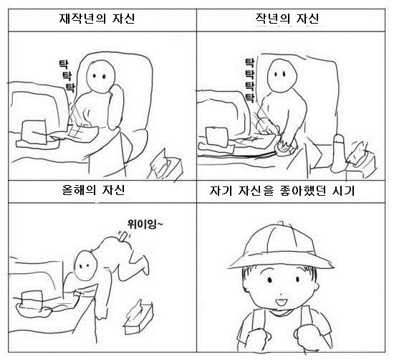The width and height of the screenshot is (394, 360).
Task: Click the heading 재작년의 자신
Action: pos(97,19)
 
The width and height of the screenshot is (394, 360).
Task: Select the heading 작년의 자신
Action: pos(287,19)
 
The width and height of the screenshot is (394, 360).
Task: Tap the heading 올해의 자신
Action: pos(93,190)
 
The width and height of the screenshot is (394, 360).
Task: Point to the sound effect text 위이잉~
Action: pos(145,224)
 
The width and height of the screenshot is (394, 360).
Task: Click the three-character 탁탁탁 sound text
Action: pos(67,76)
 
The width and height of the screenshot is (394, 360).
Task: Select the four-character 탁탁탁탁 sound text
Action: pos(249,80)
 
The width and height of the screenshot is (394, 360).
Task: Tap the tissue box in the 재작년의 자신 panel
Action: pos(166,165)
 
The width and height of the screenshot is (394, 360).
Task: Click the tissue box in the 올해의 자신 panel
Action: pos(139,317)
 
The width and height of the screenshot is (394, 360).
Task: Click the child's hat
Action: pos(280,246)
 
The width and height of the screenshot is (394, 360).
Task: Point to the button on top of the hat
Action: pos(281,223)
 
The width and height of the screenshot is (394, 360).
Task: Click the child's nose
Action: pos(281,293)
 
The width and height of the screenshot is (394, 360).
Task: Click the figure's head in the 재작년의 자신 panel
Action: pos(101,76)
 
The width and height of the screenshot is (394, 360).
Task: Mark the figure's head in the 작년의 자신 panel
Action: pos(282,76)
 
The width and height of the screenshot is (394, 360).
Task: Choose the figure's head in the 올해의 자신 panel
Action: pos(85,265)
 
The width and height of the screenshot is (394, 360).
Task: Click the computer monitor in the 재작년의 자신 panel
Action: pos(38,108)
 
